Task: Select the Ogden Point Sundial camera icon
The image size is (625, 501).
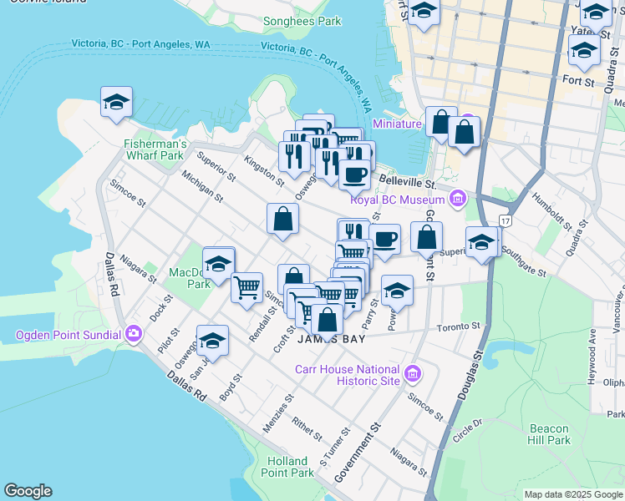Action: [134, 336]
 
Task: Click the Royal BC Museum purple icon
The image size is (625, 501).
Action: [457, 200]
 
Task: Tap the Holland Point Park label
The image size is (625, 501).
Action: [290, 467]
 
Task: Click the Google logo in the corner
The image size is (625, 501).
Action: [28, 491]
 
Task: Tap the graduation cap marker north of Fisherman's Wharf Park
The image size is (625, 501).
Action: [116, 103]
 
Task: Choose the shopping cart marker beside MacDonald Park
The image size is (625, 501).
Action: [246, 287]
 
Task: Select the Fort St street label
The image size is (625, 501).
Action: [577, 83]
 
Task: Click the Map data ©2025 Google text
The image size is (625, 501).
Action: [572, 494]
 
